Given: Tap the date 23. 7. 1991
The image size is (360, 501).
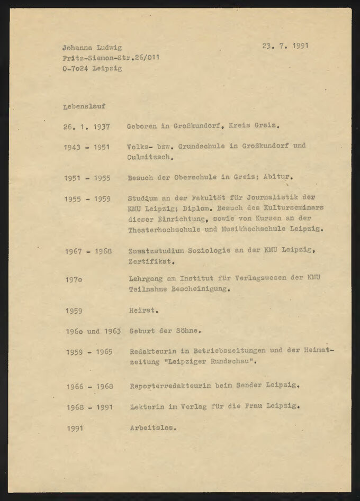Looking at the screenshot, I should tap(285, 45).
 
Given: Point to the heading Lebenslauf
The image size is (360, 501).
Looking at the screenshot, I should tap(84, 106).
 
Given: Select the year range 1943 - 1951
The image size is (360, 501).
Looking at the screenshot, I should tap(87, 147).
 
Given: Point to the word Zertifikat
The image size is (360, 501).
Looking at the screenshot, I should tap(151, 261).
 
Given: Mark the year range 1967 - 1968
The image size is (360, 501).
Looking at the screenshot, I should tap(88, 251).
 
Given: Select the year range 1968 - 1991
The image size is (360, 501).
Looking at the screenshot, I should tap(89, 407).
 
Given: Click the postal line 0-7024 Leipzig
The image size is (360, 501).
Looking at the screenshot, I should tap(92, 68).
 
